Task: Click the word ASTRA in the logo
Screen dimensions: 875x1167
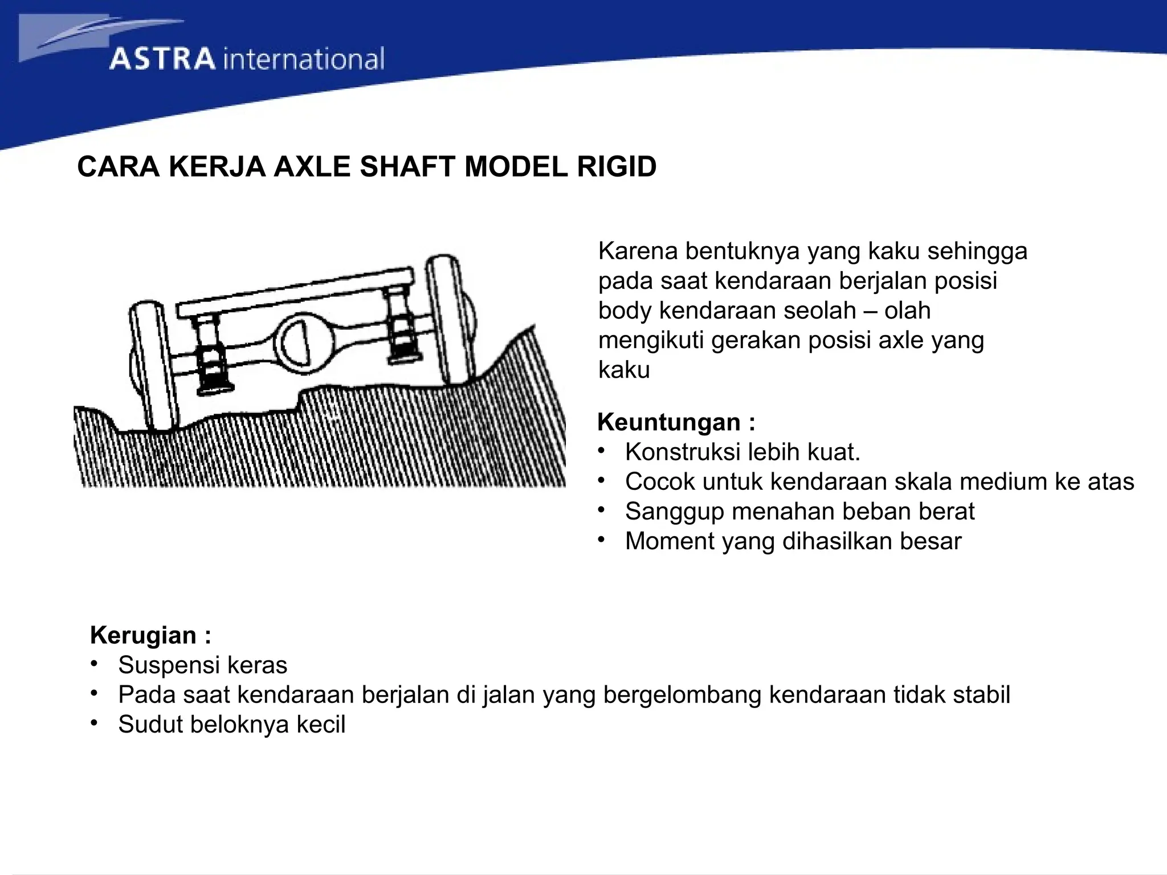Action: click(162, 59)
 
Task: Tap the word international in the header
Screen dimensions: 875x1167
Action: click(303, 59)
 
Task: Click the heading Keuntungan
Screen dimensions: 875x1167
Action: click(669, 422)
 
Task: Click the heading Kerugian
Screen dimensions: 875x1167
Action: click(143, 635)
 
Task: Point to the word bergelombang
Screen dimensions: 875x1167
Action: click(682, 695)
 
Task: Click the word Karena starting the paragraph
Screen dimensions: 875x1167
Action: click(637, 251)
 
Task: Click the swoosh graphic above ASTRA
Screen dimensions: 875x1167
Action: click(103, 34)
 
